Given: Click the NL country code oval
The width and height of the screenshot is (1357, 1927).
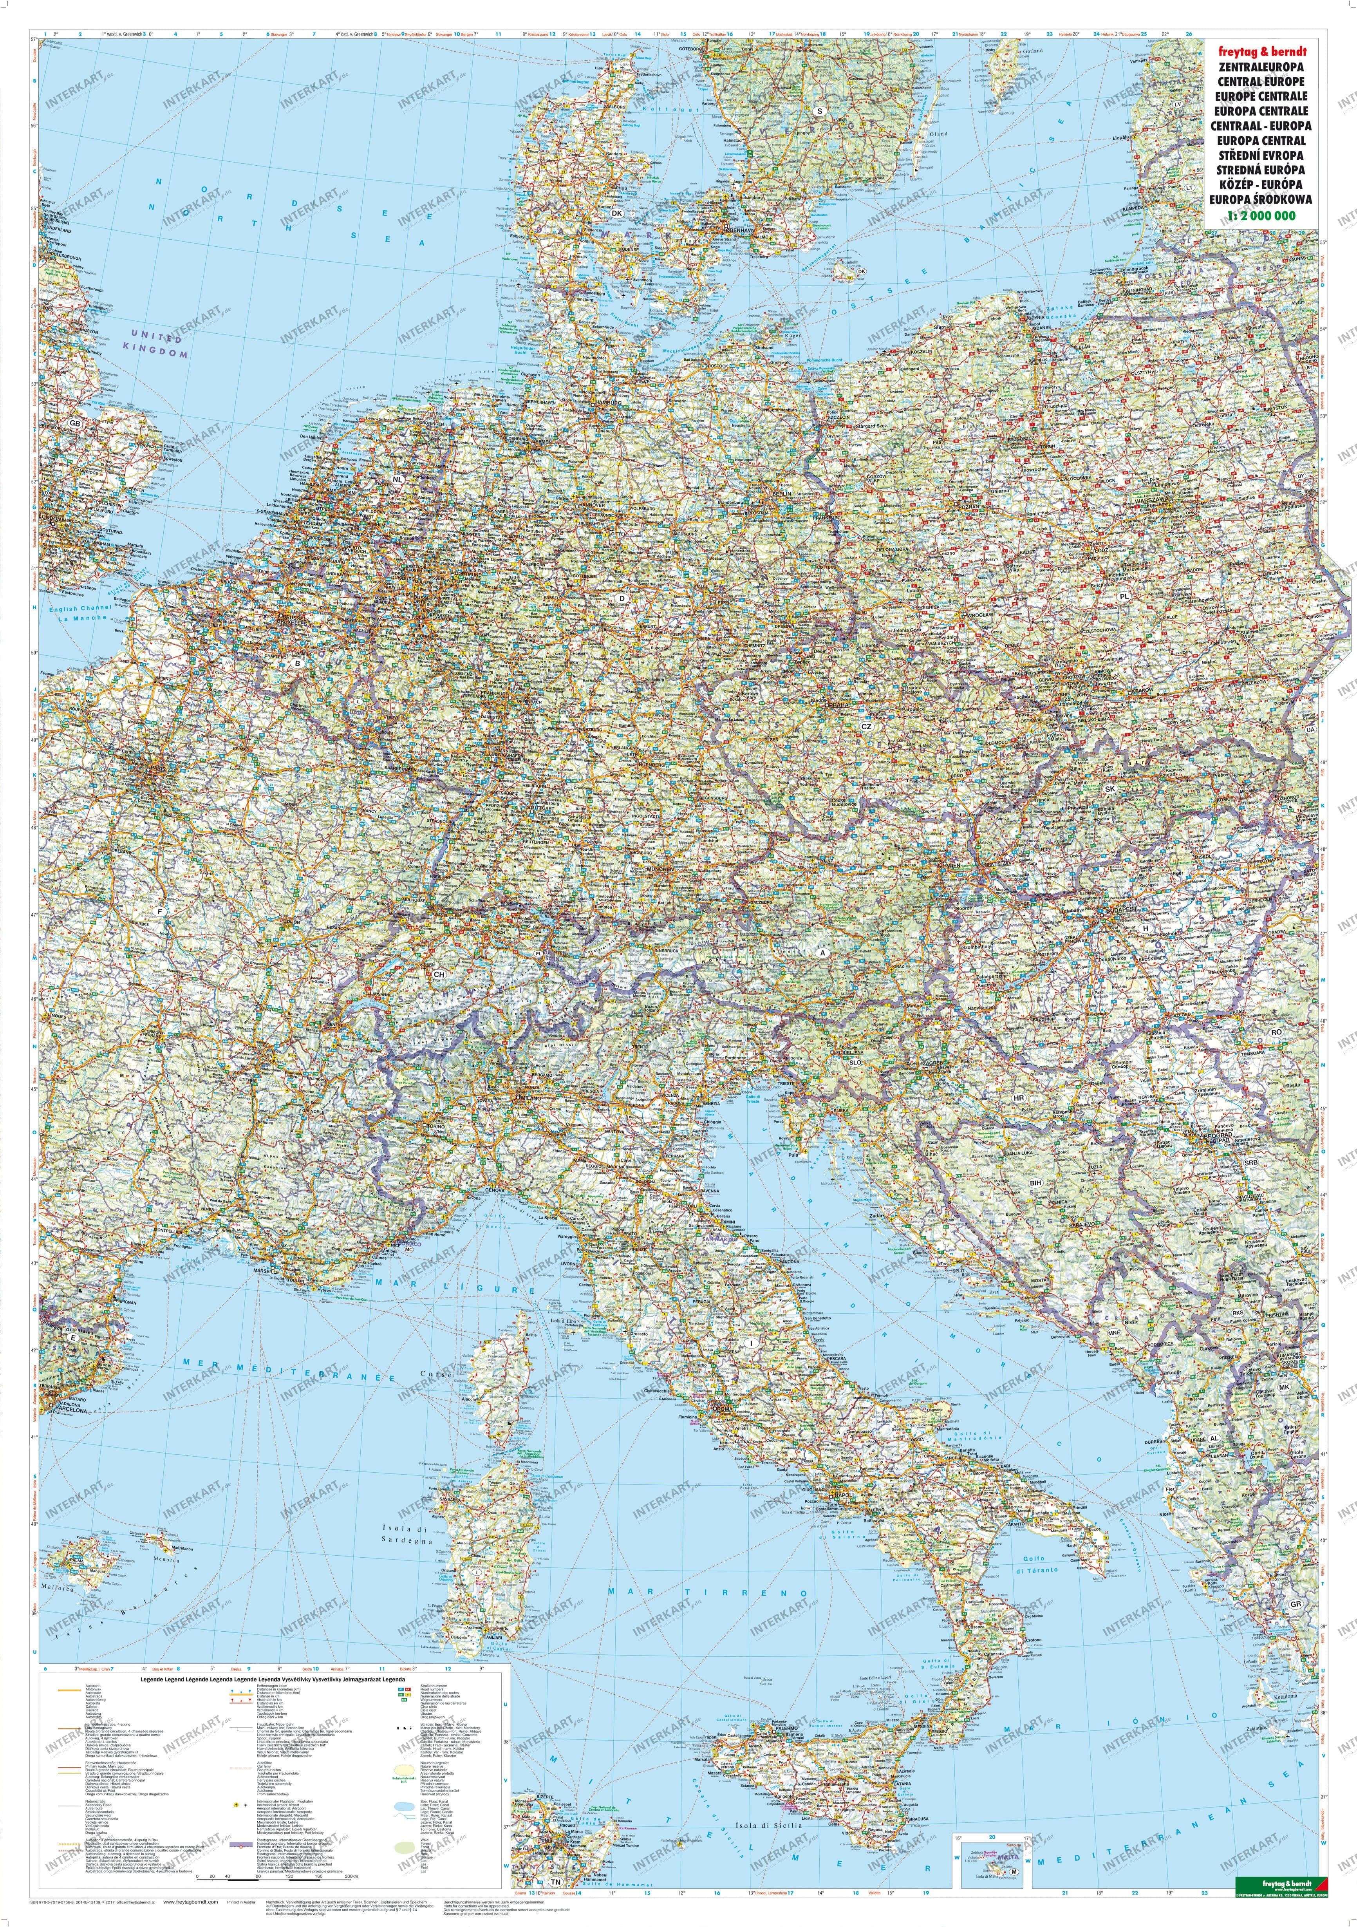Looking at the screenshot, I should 398,479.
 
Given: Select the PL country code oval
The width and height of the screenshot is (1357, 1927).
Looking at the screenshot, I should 1124,596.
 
